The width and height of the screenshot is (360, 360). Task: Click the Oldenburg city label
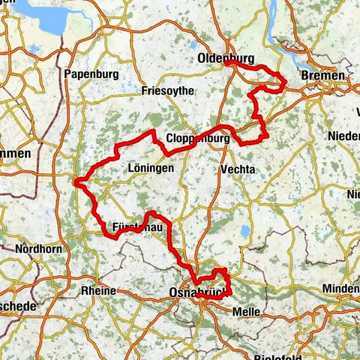coord(226,58)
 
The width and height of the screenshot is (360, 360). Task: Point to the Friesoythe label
coord(167,91)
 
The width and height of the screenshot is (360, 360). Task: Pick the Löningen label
coord(151,169)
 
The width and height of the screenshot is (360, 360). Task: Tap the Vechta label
coord(238,170)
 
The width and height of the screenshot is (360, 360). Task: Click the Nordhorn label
coord(35,249)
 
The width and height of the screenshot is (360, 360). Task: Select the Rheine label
coord(98,290)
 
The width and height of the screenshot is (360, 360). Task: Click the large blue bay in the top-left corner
coord(41,15)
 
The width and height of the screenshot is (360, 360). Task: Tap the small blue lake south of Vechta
coord(245,230)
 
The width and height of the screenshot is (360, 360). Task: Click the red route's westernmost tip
coord(76,181)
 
